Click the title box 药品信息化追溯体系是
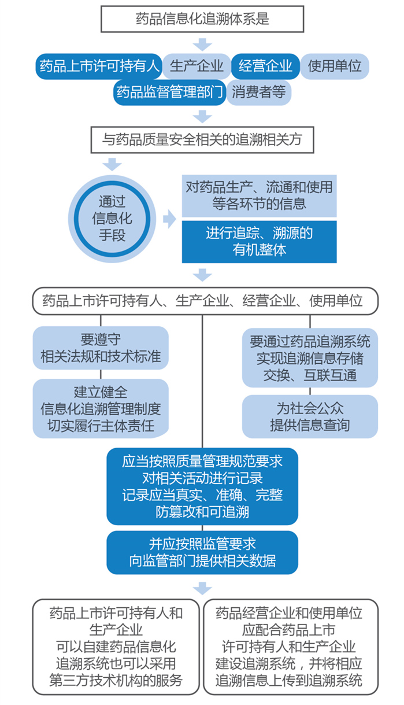coord(202,20)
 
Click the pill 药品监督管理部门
coord(169,93)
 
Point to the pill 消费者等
coord(258,93)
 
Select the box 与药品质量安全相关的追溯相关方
coord(202,140)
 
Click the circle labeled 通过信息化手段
coord(112,219)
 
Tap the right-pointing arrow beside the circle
coord(169,219)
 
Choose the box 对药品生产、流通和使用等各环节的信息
coord(259,196)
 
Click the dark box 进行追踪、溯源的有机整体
coord(259,241)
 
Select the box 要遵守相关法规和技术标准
coord(101,348)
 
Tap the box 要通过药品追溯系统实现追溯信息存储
coord(310,358)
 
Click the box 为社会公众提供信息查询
coord(310,416)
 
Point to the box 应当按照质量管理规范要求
coord(202,486)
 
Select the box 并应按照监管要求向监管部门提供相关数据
coord(202,552)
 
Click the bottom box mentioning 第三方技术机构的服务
coord(116,646)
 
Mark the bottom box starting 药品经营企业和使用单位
coord(290,646)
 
